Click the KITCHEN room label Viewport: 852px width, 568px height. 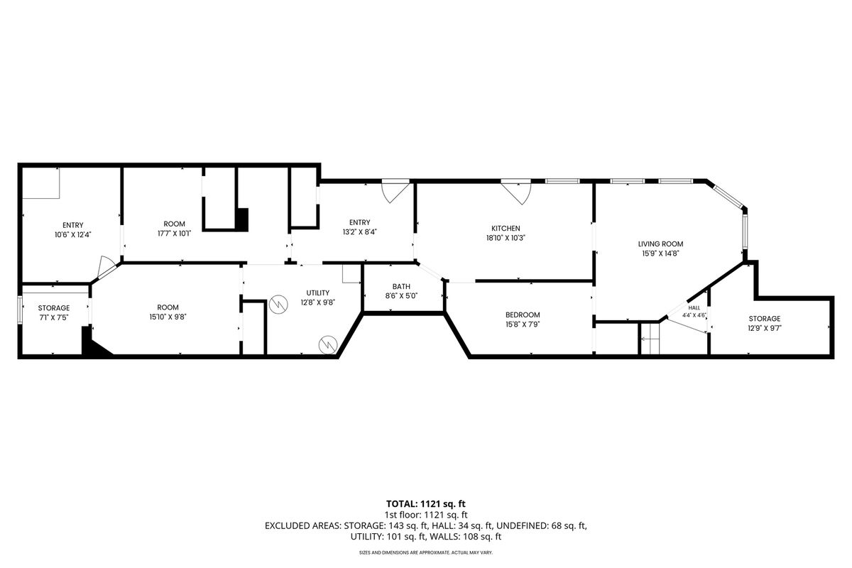pos(506,229)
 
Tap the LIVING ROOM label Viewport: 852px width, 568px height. pos(660,244)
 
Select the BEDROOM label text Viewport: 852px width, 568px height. pos(523,315)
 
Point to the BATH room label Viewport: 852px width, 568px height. pos(401,286)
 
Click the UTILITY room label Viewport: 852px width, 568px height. pos(318,293)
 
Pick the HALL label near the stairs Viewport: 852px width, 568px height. pos(694,307)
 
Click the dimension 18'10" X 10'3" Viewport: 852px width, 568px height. pos(506,238)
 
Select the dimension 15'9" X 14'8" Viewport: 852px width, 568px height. pos(660,253)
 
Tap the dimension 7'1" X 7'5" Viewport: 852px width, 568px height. pos(54,317)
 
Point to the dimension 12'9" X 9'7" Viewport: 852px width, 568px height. pos(765,328)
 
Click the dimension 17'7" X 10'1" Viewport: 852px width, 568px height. pos(174,234)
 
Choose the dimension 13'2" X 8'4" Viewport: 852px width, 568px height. pos(359,232)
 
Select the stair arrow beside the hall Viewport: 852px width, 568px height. pos(650,338)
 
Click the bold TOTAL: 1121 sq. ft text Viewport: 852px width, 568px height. pos(425,504)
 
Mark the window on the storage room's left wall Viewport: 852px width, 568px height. pos(19,310)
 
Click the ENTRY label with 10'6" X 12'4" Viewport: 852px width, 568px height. pos(72,225)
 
